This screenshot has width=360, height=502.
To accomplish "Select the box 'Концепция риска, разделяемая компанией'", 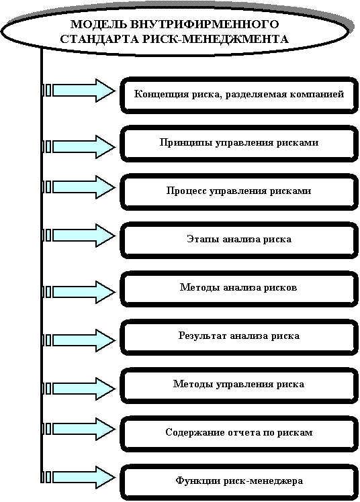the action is (239, 95).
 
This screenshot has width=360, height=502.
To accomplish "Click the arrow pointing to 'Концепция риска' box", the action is (84, 91).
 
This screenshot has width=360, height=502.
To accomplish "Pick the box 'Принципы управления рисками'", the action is (239, 144).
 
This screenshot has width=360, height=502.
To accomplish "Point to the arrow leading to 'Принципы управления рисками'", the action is (84, 147).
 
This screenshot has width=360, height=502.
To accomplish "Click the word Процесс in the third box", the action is (187, 191).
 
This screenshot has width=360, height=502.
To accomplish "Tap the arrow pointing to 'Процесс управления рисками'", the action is (84, 187).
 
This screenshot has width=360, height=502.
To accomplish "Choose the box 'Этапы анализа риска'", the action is (239, 240).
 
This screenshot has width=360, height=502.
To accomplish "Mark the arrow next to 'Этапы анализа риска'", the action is (84, 236).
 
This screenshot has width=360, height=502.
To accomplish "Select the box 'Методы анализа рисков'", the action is (239, 289).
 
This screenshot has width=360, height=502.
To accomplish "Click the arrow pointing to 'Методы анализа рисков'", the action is (84, 292).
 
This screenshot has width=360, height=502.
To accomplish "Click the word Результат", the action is (203, 336).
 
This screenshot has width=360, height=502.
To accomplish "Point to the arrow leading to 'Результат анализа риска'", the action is (84, 340).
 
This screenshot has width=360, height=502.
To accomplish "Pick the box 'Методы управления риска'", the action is (239, 385).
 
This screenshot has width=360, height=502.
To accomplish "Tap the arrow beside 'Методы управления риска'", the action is (84, 389).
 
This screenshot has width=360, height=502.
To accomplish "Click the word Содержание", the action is (195, 432).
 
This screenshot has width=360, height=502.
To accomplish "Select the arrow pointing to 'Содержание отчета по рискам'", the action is (84, 429).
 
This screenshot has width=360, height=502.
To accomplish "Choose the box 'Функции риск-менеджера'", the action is (239, 482).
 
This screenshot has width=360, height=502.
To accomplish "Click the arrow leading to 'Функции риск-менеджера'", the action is (84, 477).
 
